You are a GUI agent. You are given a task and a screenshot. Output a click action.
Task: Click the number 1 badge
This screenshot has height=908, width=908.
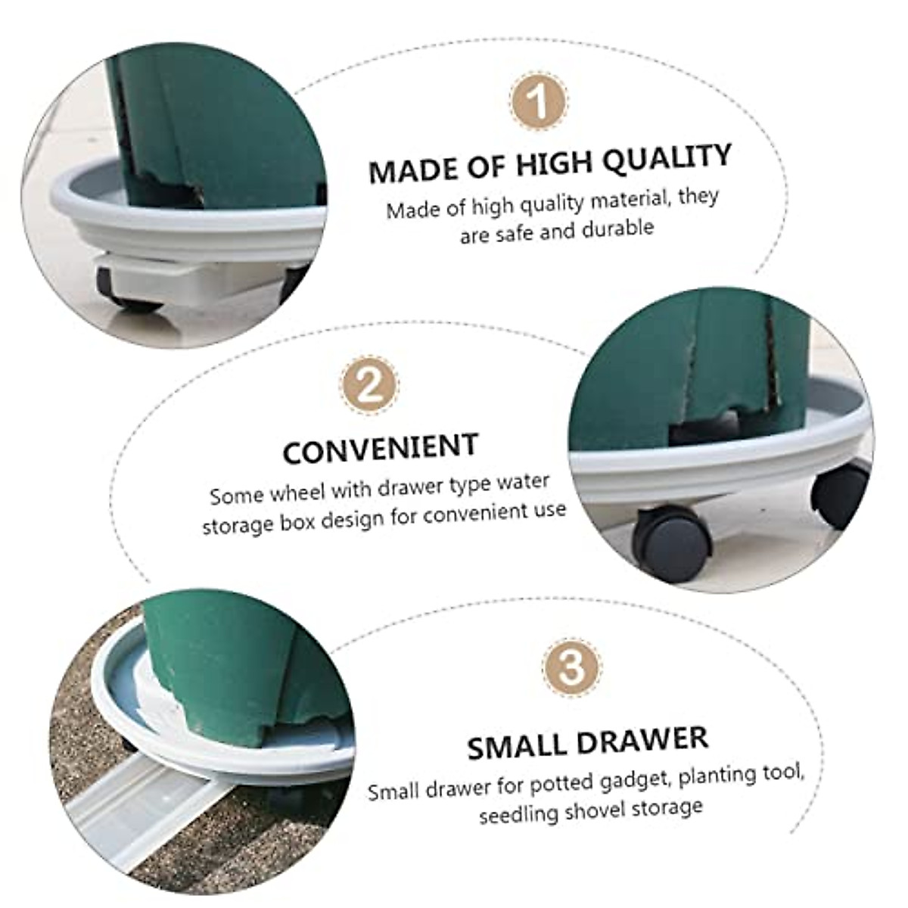pos(539,101)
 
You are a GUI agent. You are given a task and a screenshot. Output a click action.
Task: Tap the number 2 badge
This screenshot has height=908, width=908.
pos(368,385)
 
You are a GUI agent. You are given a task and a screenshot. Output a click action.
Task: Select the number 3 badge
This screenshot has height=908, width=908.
pos(572,667)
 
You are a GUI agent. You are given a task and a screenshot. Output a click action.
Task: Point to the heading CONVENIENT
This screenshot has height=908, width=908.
pos(381,449)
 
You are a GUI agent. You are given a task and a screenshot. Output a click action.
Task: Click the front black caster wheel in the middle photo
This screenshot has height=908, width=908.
pos(671,543)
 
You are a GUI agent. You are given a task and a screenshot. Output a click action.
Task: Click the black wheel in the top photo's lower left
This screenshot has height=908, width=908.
pos(125,291)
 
